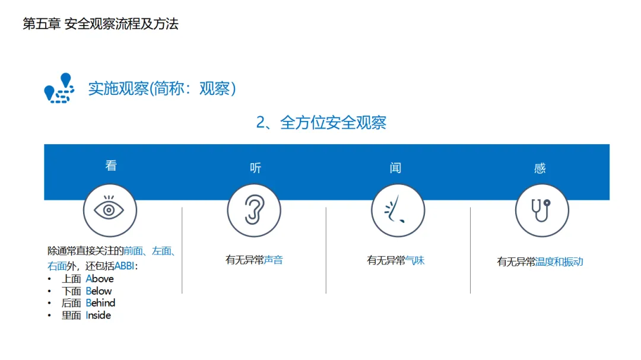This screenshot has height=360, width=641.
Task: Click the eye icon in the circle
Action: (x=110, y=210)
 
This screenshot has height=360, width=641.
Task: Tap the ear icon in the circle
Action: (x=254, y=210)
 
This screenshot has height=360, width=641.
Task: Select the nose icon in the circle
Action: (x=398, y=210)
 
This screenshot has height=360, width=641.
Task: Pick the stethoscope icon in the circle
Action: (x=542, y=210)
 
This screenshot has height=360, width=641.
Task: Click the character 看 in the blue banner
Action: (x=111, y=165)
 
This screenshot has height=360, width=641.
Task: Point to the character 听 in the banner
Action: (x=255, y=168)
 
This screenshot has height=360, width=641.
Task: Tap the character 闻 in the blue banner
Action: (x=396, y=168)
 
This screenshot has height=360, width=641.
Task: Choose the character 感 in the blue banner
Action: (x=540, y=168)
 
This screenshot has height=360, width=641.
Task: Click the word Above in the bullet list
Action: (x=100, y=279)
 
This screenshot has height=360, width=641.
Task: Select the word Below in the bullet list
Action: (x=99, y=291)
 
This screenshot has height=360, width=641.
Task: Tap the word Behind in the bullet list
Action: (x=100, y=303)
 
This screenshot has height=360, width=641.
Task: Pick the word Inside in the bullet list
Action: (x=98, y=316)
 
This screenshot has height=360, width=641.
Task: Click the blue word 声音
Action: (x=274, y=260)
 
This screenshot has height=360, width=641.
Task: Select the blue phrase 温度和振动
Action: (x=559, y=262)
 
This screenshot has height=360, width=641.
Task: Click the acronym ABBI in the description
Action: (x=124, y=266)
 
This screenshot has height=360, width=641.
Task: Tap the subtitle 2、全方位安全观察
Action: (x=321, y=123)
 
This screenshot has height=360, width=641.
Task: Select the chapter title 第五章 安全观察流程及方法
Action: (x=100, y=24)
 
